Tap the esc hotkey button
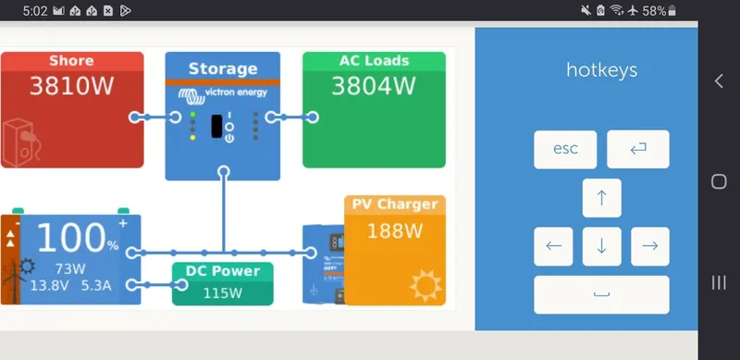pyautogui.click(x=565, y=149)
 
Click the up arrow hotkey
pyautogui.click(x=601, y=197)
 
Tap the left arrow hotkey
pyautogui.click(x=553, y=246)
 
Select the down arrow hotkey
pyautogui.click(x=601, y=246)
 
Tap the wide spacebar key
pyautogui.click(x=601, y=294)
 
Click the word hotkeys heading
pyautogui.click(x=601, y=70)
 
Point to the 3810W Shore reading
pyautogui.click(x=71, y=88)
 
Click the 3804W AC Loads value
pyautogui.click(x=374, y=88)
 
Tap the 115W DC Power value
pyautogui.click(x=223, y=293)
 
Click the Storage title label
pyautogui.click(x=223, y=68)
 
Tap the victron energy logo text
pyautogui.click(x=232, y=93)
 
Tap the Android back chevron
pyautogui.click(x=719, y=81)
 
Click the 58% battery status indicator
pyautogui.click(x=660, y=10)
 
